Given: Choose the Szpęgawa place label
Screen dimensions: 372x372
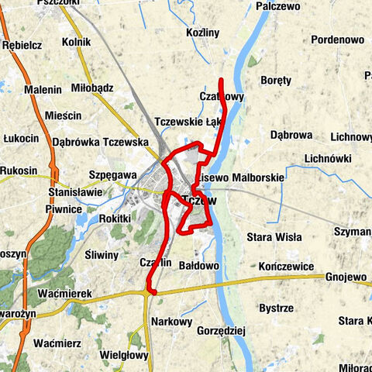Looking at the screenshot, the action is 113,175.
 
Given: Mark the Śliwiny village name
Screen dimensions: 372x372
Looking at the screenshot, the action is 102,255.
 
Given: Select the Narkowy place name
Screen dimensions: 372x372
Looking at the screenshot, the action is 172,321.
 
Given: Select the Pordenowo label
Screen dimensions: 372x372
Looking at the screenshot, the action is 337,40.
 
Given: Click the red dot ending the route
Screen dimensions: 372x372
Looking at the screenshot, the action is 151,291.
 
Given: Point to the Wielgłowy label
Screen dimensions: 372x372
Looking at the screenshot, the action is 124,355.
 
